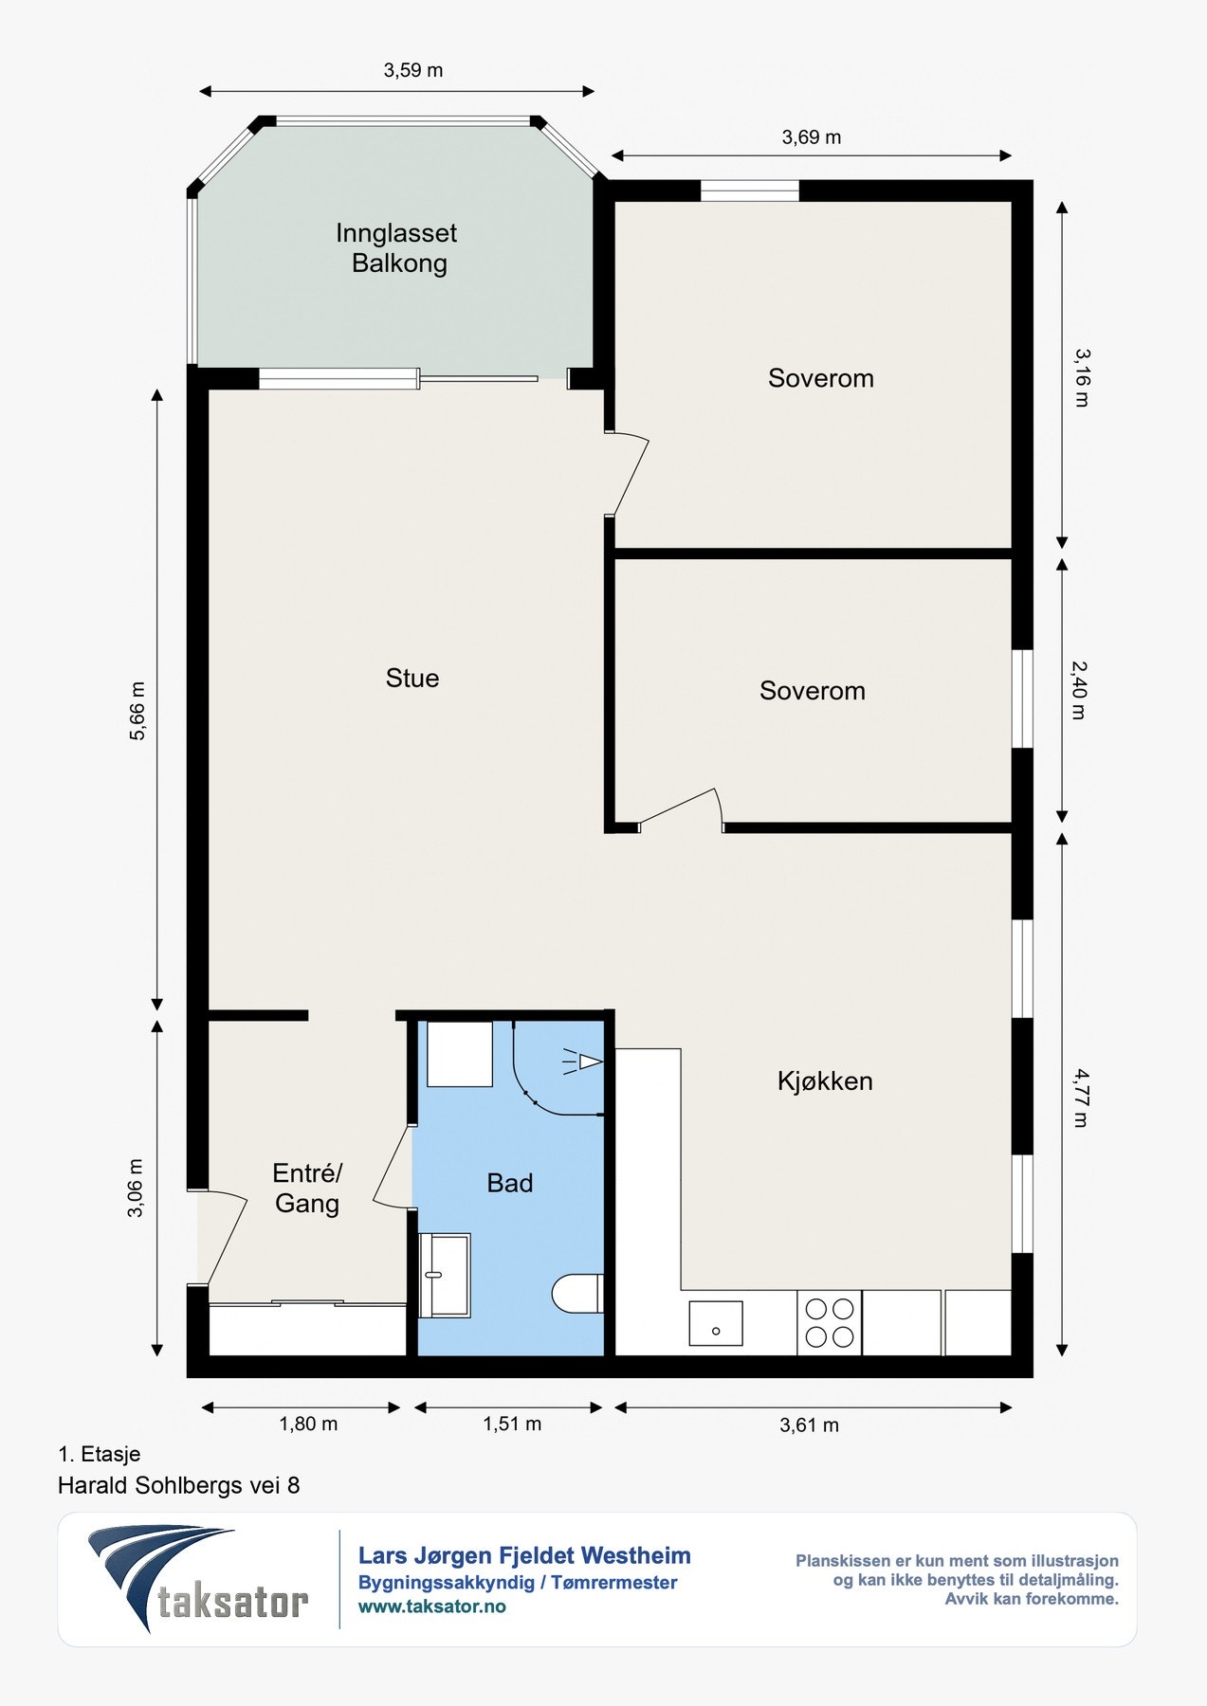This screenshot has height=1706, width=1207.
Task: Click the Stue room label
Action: point(412,678)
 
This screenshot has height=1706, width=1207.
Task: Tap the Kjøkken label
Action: point(825,1081)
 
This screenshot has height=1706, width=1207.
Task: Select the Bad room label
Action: point(510,1183)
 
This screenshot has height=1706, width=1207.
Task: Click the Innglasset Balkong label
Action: point(397,247)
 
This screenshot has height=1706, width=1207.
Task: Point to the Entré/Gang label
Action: point(307,1189)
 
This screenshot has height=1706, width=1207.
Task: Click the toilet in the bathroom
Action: point(577,1294)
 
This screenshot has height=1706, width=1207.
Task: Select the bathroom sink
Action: point(445,1275)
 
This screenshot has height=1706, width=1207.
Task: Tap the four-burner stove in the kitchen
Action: point(830,1323)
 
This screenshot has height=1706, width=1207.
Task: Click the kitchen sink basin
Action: point(716,1323)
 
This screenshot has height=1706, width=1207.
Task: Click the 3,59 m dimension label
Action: point(413,70)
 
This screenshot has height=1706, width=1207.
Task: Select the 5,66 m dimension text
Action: point(137,711)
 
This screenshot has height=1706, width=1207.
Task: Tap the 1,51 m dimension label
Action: point(512,1424)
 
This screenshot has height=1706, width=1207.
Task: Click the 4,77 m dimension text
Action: point(1080,1098)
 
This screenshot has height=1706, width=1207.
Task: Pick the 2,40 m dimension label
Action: point(1079,690)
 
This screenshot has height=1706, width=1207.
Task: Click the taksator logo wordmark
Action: point(232,1603)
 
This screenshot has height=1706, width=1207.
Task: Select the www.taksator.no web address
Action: point(432,1606)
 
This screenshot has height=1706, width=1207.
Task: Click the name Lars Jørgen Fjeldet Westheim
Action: point(524,1555)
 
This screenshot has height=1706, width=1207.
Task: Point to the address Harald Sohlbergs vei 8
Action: point(179,1485)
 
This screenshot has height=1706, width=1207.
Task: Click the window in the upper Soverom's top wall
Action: point(750,191)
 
